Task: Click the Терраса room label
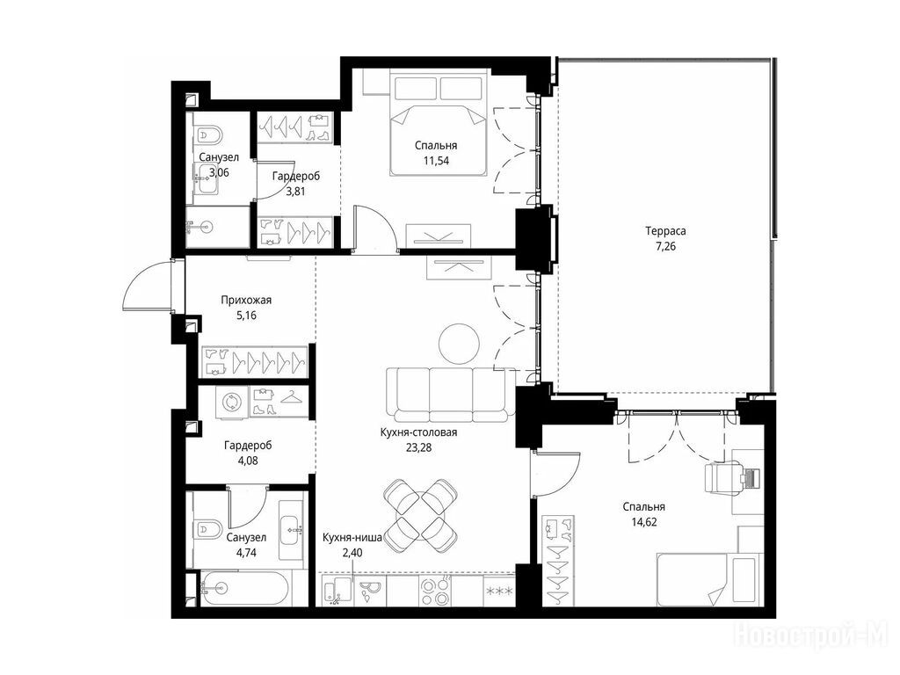(x=665, y=231)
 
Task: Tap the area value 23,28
(x=418, y=447)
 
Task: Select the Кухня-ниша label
(x=352, y=538)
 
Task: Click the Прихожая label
(x=246, y=301)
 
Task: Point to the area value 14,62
(x=644, y=522)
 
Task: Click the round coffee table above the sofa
(x=459, y=344)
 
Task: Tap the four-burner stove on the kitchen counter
(x=434, y=592)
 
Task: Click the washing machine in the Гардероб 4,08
(x=232, y=402)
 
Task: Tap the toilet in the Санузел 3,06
(x=207, y=134)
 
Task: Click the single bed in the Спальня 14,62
(x=708, y=579)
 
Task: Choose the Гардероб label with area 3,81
(x=295, y=176)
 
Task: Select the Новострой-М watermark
(x=811, y=635)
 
